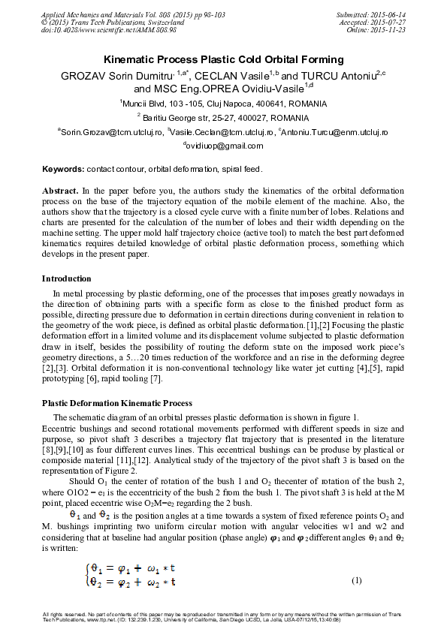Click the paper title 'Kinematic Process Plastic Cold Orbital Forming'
click(x=223, y=59)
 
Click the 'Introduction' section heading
click(x=66, y=278)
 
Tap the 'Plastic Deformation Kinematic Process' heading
click(x=116, y=403)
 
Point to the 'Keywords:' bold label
click(x=63, y=170)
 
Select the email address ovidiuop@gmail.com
click(x=223, y=146)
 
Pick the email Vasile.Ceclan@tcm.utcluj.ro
click(x=222, y=131)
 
